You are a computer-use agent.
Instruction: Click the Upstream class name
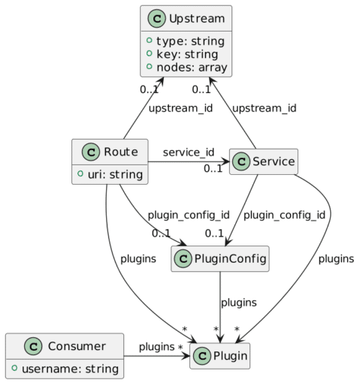click(x=197, y=19)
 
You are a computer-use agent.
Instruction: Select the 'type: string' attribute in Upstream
click(x=190, y=41)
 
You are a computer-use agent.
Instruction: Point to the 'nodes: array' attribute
click(x=192, y=68)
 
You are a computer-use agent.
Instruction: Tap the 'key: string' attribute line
click(x=187, y=54)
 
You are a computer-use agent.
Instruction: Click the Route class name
click(x=121, y=152)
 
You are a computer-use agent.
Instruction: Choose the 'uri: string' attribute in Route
click(x=115, y=174)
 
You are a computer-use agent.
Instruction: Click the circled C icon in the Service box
click(x=241, y=161)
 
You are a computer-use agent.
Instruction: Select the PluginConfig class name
click(x=230, y=258)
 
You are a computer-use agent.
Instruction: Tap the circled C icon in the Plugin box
click(x=202, y=356)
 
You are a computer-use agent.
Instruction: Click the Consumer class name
click(x=77, y=346)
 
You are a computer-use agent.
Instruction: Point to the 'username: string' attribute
click(x=70, y=369)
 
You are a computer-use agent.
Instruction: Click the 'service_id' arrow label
click(x=189, y=152)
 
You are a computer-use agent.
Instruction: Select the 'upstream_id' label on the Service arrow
click(x=265, y=108)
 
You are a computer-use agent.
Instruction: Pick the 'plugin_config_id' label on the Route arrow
click(x=189, y=215)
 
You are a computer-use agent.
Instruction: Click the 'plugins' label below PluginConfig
click(x=239, y=303)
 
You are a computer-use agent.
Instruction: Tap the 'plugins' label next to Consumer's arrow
click(x=156, y=347)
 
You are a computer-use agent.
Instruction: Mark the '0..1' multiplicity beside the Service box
click(x=213, y=169)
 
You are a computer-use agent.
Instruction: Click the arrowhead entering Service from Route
click(x=226, y=161)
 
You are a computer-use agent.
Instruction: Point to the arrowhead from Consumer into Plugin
click(x=186, y=356)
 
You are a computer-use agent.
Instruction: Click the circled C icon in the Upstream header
click(x=156, y=19)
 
